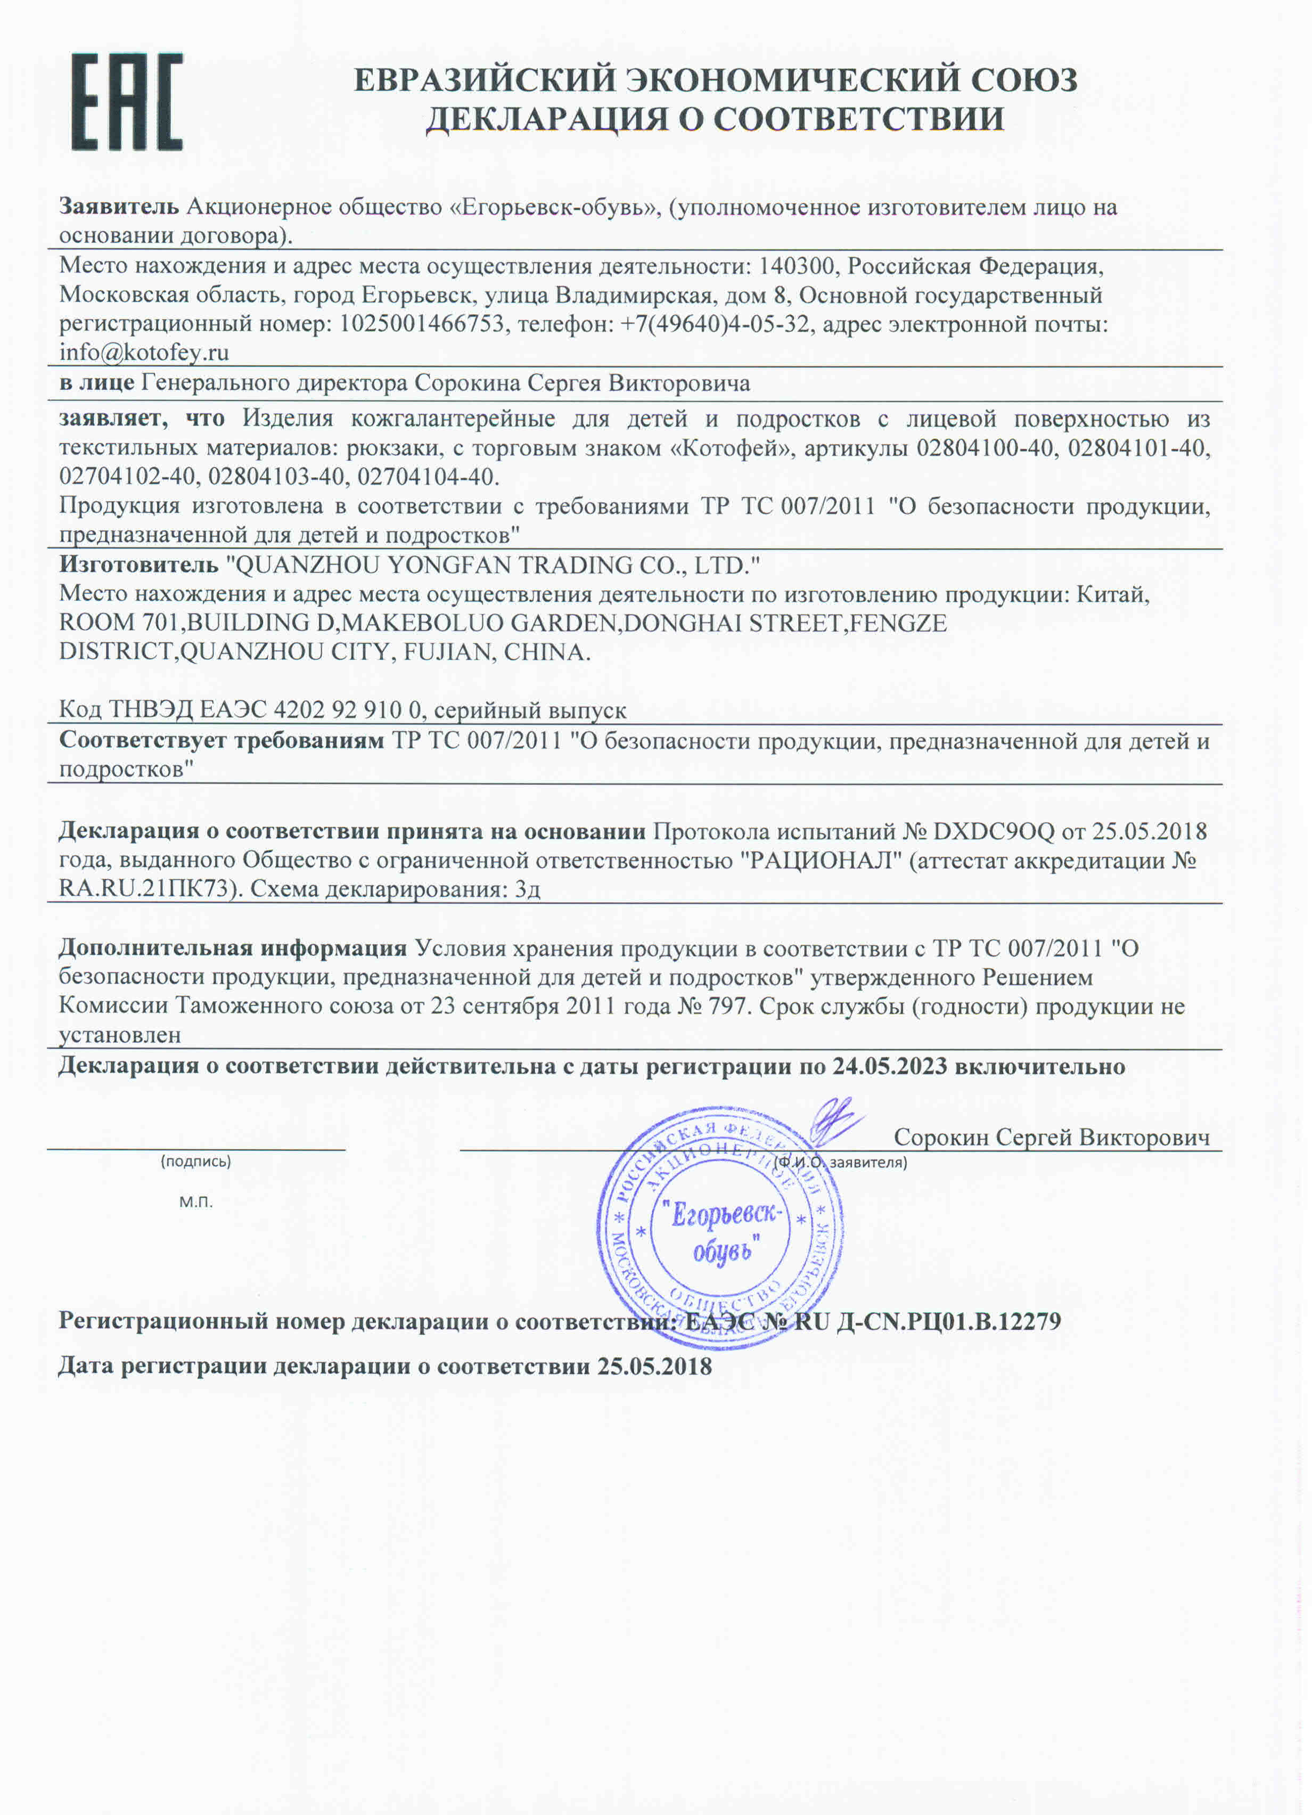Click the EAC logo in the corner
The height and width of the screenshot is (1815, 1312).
click(126, 102)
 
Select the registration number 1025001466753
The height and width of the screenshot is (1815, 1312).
click(422, 324)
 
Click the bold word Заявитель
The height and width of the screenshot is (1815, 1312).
click(118, 207)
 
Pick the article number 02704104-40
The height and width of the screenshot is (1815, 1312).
click(428, 477)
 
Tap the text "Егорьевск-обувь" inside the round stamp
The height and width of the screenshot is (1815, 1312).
click(723, 1233)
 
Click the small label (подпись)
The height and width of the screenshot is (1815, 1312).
click(196, 1161)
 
